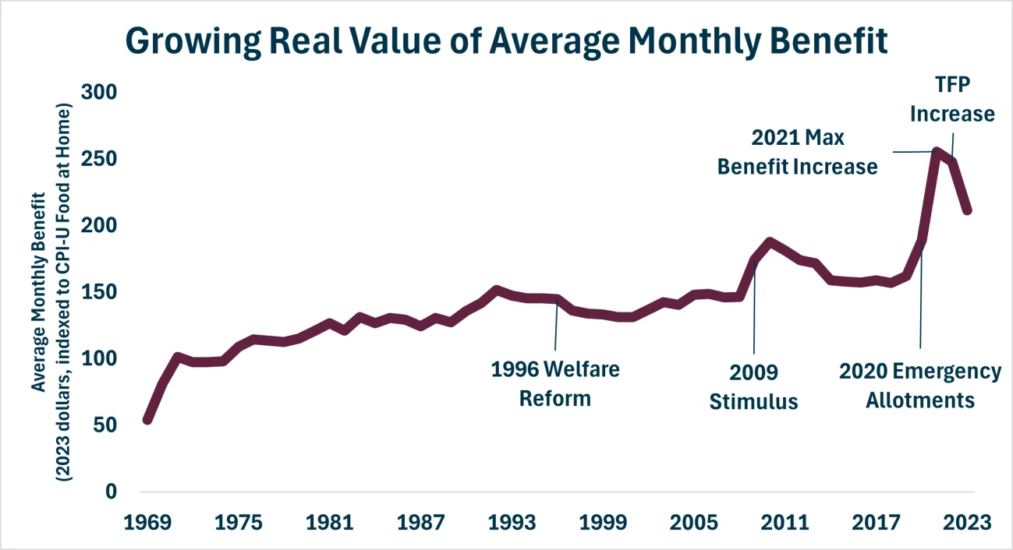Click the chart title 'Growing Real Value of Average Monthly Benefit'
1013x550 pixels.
pyautogui.click(x=506, y=41)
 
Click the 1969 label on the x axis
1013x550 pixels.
pyautogui.click(x=147, y=522)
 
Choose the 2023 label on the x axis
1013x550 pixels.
pyautogui.click(x=969, y=522)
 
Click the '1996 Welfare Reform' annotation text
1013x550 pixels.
pyautogui.click(x=555, y=383)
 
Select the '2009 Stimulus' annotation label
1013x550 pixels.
pyautogui.click(x=753, y=386)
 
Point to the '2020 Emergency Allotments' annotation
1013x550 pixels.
pyautogui.click(x=919, y=386)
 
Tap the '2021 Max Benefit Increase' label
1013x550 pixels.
pyautogui.click(x=798, y=152)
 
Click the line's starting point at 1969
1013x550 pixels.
pyautogui.click(x=147, y=419)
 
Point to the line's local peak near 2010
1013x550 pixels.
pyautogui.click(x=770, y=242)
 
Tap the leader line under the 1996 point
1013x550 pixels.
pyautogui.click(x=556, y=327)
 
